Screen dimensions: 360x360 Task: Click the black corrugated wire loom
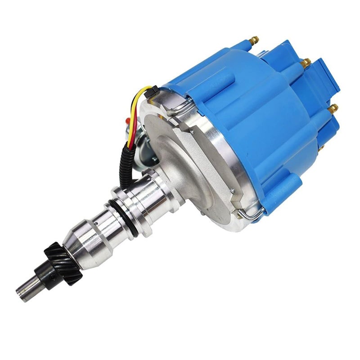pos(126,164)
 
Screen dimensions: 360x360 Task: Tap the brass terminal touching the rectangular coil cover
pos(306,61)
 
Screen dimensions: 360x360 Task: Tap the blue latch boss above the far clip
pos(288,187)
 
